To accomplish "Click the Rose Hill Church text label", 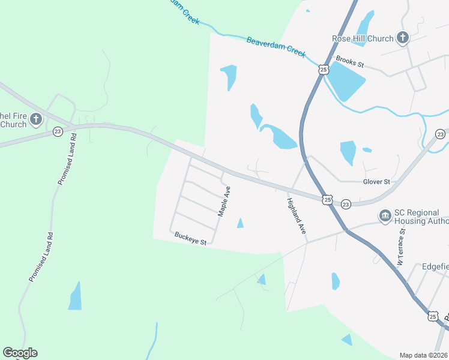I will [363, 38].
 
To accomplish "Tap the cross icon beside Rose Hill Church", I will [402, 38].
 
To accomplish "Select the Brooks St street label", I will [350, 61].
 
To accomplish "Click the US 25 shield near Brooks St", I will [324, 70].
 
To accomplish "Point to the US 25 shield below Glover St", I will [326, 199].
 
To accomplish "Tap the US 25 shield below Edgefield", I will [433, 316].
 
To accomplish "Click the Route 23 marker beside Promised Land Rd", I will [58, 131].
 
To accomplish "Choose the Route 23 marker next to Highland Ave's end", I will [345, 205].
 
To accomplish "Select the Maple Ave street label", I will [224, 202].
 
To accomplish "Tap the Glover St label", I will [376, 182].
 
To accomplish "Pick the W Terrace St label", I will [402, 247].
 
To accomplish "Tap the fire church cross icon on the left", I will [35, 119].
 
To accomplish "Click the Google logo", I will [20, 353].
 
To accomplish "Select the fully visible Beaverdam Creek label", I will [276, 47].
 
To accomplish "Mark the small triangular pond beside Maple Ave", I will [240, 224].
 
